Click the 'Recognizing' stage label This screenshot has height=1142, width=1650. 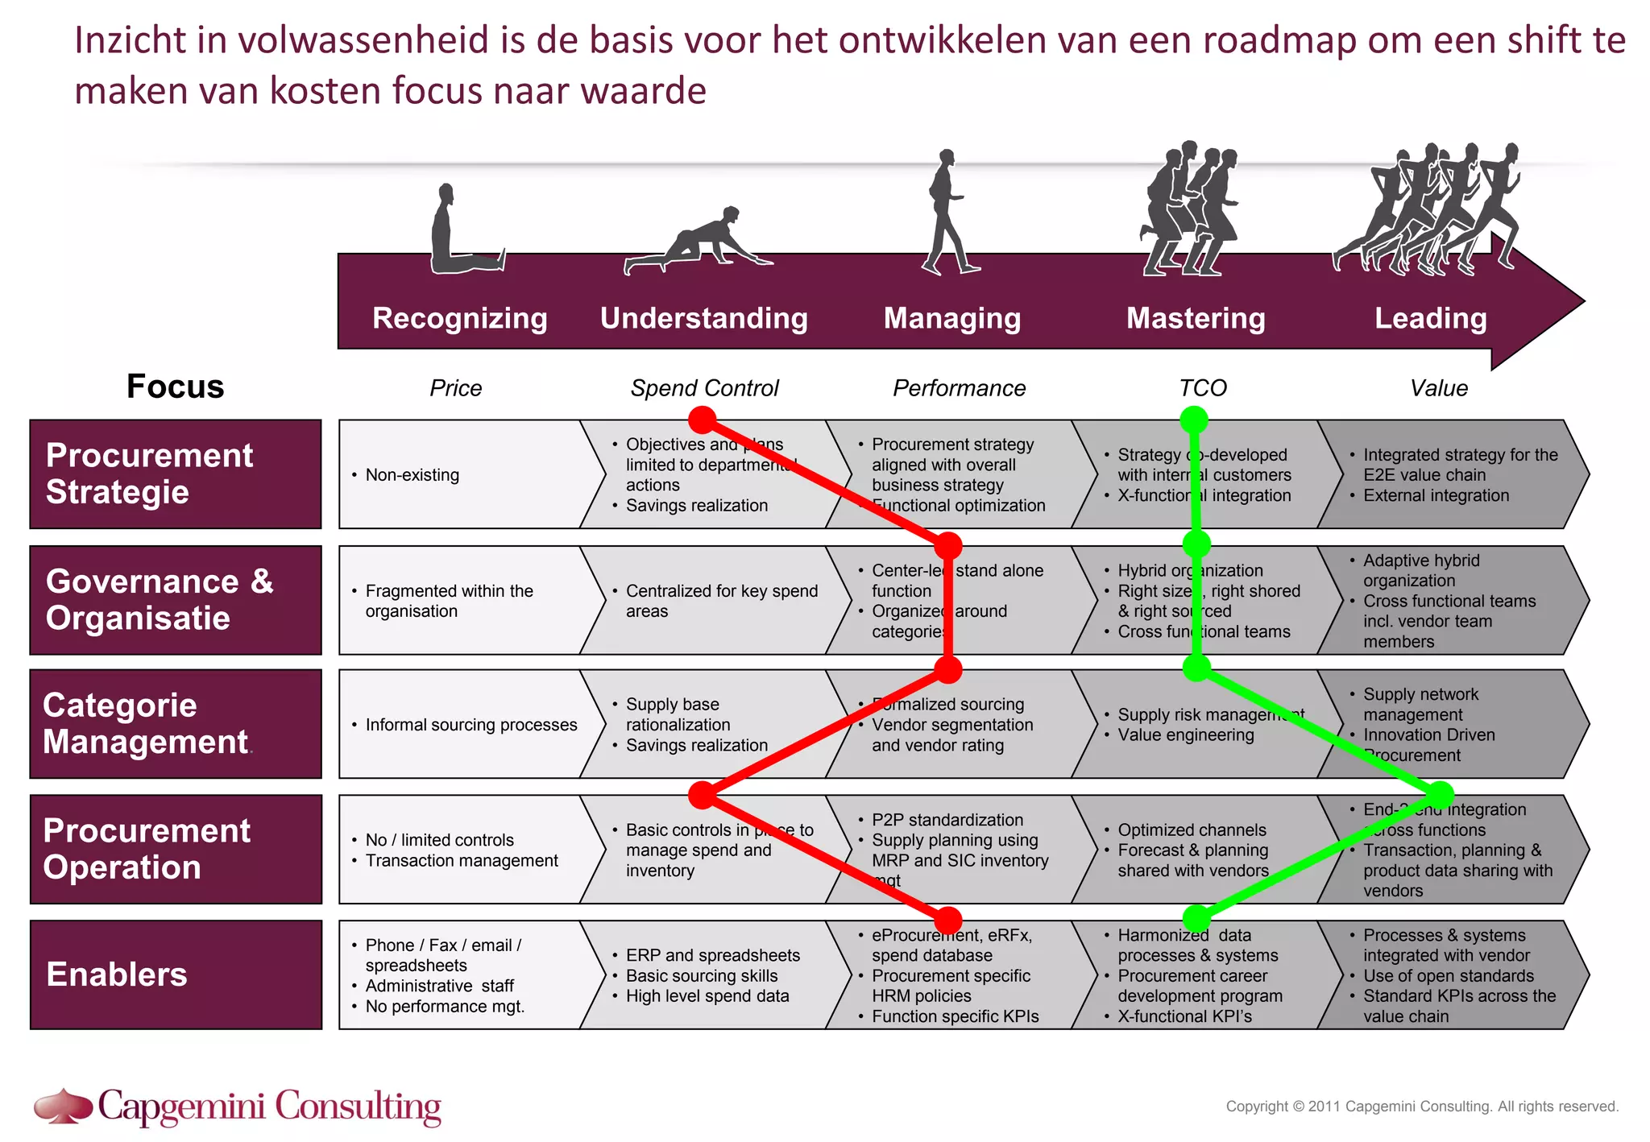point(459,318)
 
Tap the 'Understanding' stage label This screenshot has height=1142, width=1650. point(703,318)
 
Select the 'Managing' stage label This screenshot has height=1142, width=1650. point(951,318)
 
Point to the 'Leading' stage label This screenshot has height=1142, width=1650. point(1430,318)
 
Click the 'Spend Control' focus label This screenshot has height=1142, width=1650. point(704,388)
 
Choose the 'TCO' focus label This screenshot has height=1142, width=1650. point(1202,388)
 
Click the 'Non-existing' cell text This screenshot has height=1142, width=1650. point(412,475)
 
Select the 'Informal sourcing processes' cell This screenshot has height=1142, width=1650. point(471,725)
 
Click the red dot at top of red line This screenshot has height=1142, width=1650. point(703,420)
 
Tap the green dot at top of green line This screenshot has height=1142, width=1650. point(1194,420)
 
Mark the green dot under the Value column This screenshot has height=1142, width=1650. point(1440,795)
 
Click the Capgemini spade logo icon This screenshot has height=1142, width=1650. point(63,1106)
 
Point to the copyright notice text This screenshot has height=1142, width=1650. point(1422,1107)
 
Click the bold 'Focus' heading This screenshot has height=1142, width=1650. point(175,387)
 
